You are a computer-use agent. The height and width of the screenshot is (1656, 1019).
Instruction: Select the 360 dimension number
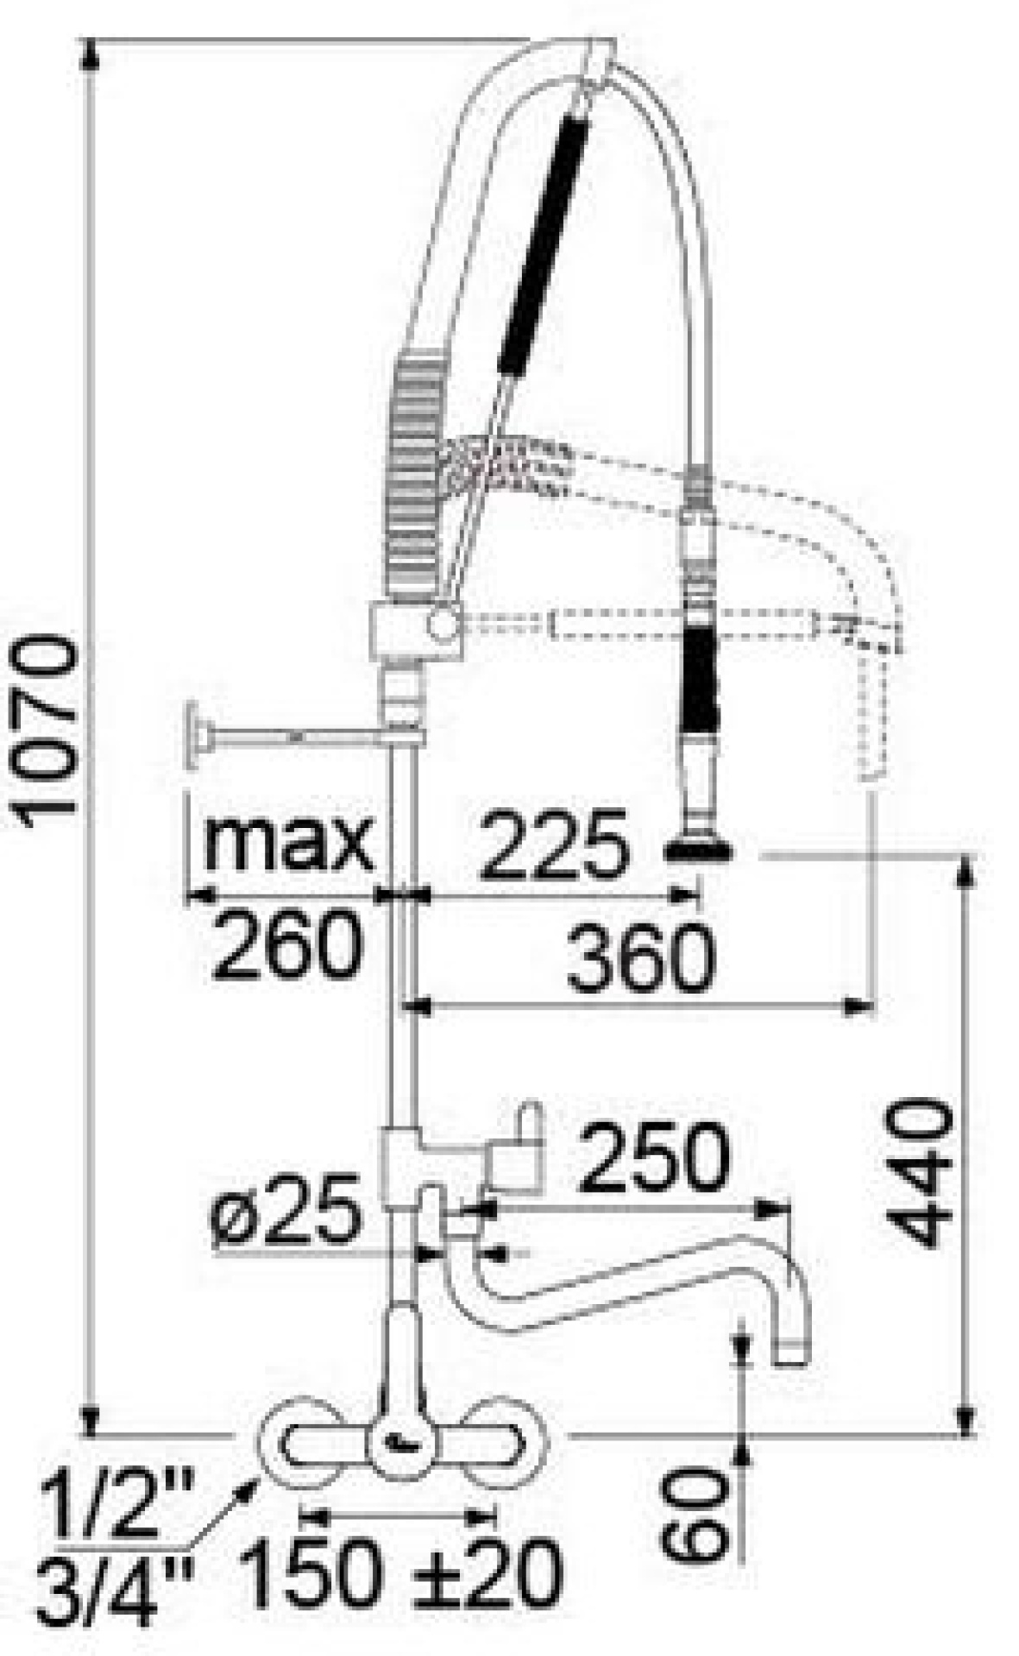click(x=640, y=958)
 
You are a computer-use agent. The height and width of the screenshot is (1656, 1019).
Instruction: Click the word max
click(x=288, y=840)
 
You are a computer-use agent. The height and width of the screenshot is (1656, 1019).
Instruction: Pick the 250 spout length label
click(x=655, y=1157)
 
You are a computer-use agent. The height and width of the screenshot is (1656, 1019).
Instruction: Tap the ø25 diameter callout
click(x=286, y=1209)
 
